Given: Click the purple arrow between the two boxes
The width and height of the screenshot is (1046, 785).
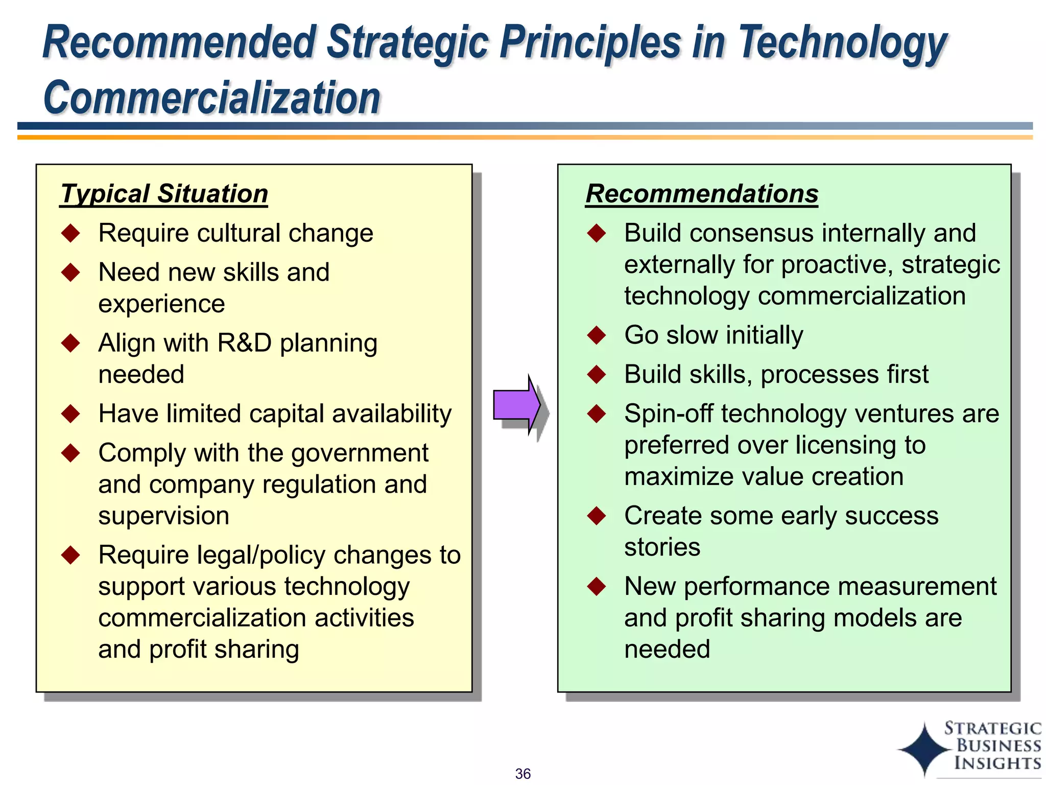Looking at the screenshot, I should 516,405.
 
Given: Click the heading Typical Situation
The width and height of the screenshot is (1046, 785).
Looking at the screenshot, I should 164,194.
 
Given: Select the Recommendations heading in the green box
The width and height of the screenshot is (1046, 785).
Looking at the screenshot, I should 702,194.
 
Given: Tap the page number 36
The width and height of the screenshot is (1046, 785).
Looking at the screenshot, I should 522,774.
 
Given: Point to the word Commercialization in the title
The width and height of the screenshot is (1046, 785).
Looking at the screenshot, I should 212,98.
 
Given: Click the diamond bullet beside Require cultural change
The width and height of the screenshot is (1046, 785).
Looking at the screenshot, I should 70,233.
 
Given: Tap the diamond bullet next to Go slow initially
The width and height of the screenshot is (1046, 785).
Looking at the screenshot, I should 596,335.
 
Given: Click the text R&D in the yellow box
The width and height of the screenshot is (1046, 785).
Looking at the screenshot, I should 244,343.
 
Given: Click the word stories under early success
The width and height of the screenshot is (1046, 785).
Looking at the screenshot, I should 662,547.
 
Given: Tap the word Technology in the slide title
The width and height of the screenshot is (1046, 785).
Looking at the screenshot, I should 843,43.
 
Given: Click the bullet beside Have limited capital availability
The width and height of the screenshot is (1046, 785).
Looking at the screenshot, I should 70,413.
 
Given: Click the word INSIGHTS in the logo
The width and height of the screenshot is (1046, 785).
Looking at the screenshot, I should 997,763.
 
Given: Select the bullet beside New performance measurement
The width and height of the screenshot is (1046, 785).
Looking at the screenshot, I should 596,586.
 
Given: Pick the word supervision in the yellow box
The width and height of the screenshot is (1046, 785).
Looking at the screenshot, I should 163,516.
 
